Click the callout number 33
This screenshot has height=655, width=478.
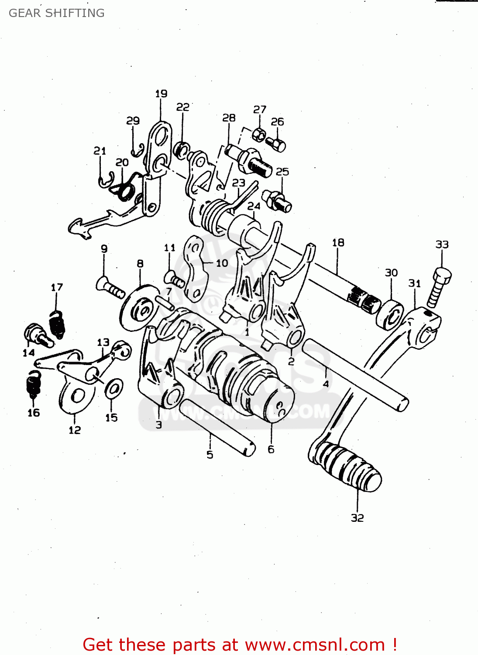[x=442, y=245]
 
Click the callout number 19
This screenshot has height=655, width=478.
[x=161, y=93]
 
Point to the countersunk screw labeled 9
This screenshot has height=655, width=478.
[x=110, y=288]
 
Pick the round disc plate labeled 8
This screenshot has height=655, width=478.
[x=139, y=308]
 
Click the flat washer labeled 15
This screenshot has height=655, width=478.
[x=113, y=388]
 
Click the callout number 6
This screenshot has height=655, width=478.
[x=271, y=449]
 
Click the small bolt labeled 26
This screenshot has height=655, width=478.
[x=277, y=143]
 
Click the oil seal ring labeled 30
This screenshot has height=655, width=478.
[x=389, y=313]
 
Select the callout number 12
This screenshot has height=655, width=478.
[x=75, y=430]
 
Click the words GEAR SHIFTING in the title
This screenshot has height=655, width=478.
[x=57, y=13]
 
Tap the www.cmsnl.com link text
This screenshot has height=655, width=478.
[x=314, y=645]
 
